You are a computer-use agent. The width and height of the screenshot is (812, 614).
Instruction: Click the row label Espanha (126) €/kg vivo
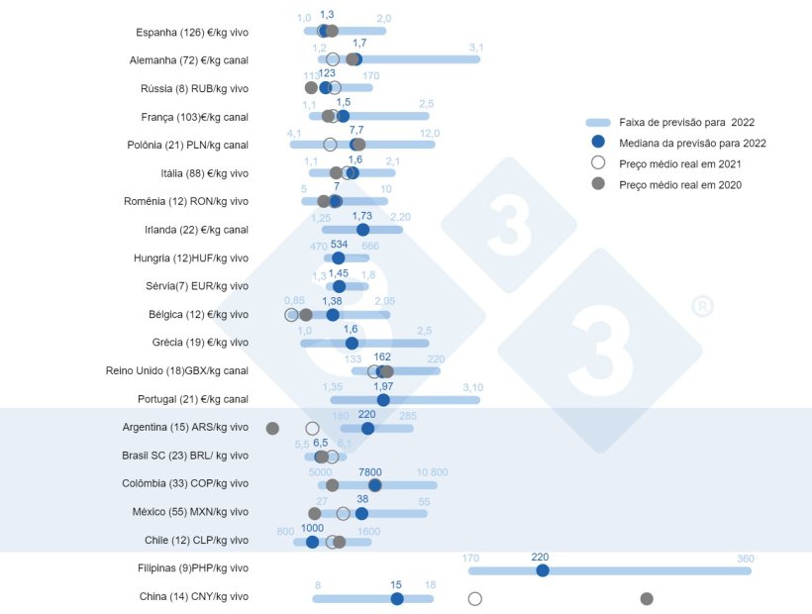[x=192, y=33]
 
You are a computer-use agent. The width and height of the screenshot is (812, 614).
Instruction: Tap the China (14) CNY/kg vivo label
[x=194, y=597]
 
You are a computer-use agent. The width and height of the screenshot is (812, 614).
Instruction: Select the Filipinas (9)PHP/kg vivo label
[x=193, y=568]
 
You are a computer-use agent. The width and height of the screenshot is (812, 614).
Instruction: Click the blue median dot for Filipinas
[x=542, y=570]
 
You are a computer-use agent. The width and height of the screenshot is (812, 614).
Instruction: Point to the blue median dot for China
[x=397, y=598]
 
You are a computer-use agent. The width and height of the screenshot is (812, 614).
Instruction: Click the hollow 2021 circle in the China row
[x=474, y=598]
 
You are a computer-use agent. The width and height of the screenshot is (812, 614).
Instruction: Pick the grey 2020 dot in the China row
[x=647, y=598]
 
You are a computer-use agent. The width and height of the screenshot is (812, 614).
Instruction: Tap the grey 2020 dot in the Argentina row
[x=272, y=428]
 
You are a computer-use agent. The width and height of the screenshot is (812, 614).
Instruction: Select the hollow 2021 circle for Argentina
[x=312, y=428]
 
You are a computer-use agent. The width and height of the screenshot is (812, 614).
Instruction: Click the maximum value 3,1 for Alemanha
[x=476, y=48]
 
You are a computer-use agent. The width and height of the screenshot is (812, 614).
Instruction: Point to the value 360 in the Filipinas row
[x=746, y=559]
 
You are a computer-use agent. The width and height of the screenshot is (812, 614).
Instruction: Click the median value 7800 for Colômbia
[x=369, y=472]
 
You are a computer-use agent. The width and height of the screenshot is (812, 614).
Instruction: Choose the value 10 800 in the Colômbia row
[x=433, y=472]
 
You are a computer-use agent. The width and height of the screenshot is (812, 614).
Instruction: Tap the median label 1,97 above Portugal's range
[x=383, y=386]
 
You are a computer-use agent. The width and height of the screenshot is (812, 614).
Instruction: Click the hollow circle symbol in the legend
[x=597, y=163]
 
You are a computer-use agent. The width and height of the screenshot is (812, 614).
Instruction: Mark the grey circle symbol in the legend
[x=597, y=184]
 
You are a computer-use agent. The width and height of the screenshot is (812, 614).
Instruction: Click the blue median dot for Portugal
[x=383, y=400]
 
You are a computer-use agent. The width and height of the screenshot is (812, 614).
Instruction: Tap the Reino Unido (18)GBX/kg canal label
[x=177, y=371]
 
